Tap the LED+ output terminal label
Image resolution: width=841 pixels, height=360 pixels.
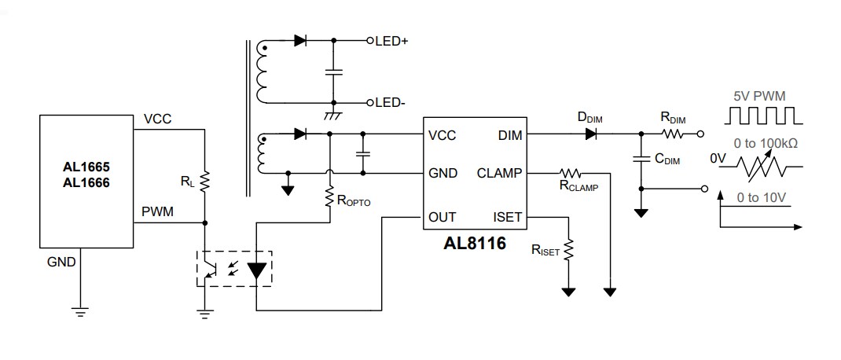tap(391, 40)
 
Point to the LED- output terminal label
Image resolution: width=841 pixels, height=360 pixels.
tap(390, 103)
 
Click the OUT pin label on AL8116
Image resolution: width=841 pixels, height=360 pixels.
tap(443, 217)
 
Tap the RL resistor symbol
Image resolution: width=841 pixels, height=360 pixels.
tap(204, 182)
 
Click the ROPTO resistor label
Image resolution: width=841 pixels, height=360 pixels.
tap(354, 200)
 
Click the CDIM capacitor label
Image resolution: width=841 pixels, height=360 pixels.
tap(668, 160)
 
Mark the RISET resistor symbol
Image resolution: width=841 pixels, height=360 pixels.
tap(567, 249)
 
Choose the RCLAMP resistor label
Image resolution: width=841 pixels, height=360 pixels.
tap(578, 187)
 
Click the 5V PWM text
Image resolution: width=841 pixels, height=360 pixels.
tap(758, 97)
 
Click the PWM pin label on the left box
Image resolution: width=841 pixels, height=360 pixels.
tap(158, 211)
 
